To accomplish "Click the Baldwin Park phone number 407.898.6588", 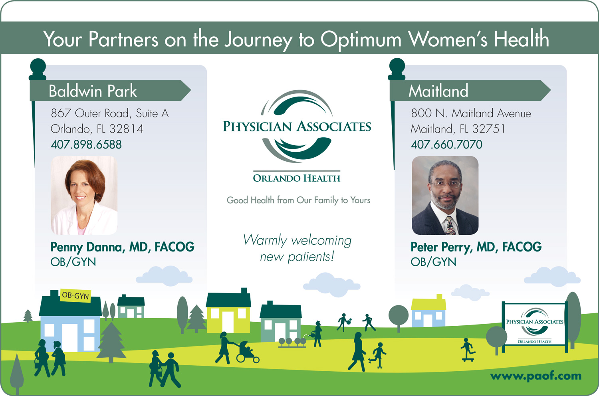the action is tap(86, 145).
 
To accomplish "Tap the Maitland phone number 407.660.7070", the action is tap(446, 145).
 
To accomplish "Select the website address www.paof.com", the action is tap(536, 376).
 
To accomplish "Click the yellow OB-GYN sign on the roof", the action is tap(75, 295).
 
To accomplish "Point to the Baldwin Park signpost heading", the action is tap(93, 91).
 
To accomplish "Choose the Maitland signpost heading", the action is tap(438, 91).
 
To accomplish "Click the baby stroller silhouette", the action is tap(247, 352).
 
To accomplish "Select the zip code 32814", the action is tap(127, 129).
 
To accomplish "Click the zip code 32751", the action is tap(489, 129).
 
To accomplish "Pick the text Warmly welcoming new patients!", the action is tap(298, 248).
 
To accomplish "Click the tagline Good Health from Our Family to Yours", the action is tap(298, 200).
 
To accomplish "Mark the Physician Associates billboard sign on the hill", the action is tap(535, 326).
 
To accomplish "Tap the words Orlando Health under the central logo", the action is tap(297, 178).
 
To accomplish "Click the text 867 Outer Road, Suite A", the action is tap(110, 113).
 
